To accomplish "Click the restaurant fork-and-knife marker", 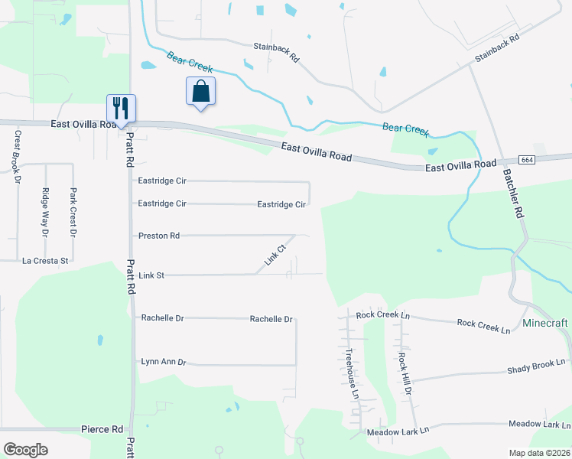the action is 121,107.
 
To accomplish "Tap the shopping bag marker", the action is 200,91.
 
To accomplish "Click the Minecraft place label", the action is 545,323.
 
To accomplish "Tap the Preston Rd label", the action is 158,236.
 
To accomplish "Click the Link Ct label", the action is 275,255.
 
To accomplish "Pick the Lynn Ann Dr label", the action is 164,361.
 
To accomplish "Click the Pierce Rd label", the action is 102,429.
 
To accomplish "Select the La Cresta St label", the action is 46,261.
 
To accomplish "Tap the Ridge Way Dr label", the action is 45,211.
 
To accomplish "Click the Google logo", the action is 25,450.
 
